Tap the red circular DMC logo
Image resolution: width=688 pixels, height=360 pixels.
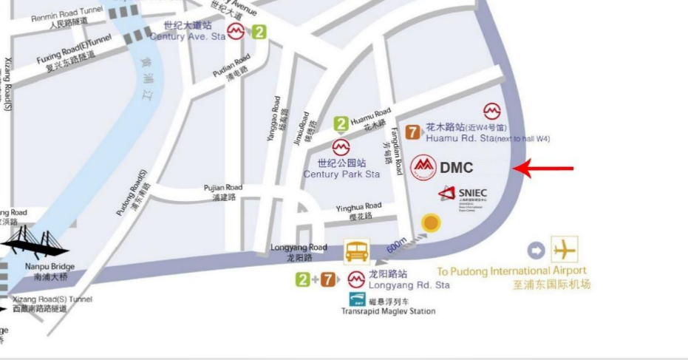coord(423,167)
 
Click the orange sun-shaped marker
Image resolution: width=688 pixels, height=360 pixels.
coord(430,223)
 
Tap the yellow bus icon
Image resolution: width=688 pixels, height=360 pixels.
coord(357,251)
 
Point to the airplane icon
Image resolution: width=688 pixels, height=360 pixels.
coord(565,249)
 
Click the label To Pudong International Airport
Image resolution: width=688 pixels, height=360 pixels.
coord(512,271)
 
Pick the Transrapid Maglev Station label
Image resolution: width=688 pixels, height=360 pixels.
coord(388,311)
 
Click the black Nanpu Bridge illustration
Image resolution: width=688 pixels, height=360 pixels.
coord(35,243)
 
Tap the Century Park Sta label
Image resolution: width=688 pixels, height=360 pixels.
coord(341,174)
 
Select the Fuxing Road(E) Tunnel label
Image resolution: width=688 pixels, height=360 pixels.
coord(73,49)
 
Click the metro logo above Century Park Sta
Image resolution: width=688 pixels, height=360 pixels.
coord(341,146)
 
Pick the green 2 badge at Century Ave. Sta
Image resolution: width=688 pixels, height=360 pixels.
coord(259,32)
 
